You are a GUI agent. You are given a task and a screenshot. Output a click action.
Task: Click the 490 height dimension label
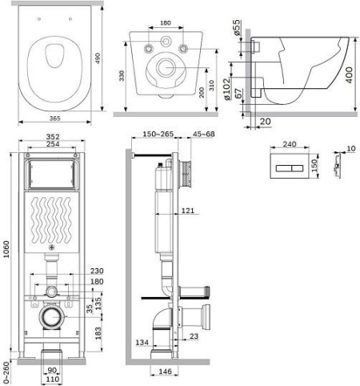(x=98, y=58)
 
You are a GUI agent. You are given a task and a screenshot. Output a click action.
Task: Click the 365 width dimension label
(x=55, y=119)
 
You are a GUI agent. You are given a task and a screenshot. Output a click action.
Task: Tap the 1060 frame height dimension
(x=6, y=249)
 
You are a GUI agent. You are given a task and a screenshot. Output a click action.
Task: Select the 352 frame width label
(x=53, y=136)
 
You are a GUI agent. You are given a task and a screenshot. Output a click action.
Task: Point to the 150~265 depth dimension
(x=158, y=134)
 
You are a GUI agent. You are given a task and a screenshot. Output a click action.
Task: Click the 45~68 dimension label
(x=204, y=134)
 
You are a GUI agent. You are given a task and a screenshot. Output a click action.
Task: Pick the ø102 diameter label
(x=226, y=89)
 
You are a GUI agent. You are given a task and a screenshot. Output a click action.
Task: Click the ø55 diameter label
(x=237, y=27)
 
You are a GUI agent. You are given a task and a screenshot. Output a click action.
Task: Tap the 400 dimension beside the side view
(x=350, y=75)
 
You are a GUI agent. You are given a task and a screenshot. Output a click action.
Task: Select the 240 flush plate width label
(x=290, y=144)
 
